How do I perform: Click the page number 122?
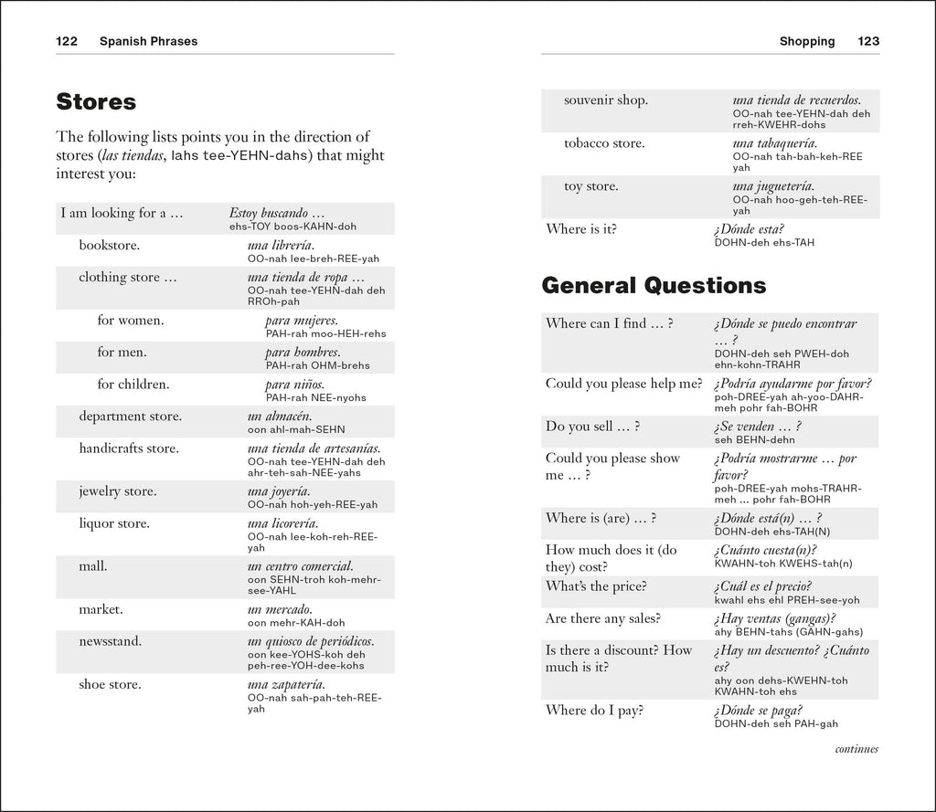click(x=67, y=41)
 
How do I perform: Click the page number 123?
click(x=867, y=41)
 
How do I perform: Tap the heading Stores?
click(x=96, y=100)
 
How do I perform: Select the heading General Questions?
click(x=654, y=286)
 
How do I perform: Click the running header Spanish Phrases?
click(x=148, y=41)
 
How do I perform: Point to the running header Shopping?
click(x=806, y=41)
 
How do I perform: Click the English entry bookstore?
click(x=109, y=246)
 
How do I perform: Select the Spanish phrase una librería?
click(x=281, y=246)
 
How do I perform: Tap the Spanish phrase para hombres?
click(x=303, y=352)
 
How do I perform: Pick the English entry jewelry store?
click(x=117, y=491)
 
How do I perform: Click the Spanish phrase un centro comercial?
click(x=300, y=566)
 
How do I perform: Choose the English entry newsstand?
click(x=110, y=641)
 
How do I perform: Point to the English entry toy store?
click(x=590, y=186)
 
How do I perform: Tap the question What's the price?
click(x=596, y=585)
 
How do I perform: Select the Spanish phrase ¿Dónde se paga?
click(x=759, y=711)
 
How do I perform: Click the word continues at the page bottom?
click(x=856, y=749)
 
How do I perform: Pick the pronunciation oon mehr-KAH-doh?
click(x=295, y=623)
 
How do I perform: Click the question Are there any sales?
click(x=602, y=618)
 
